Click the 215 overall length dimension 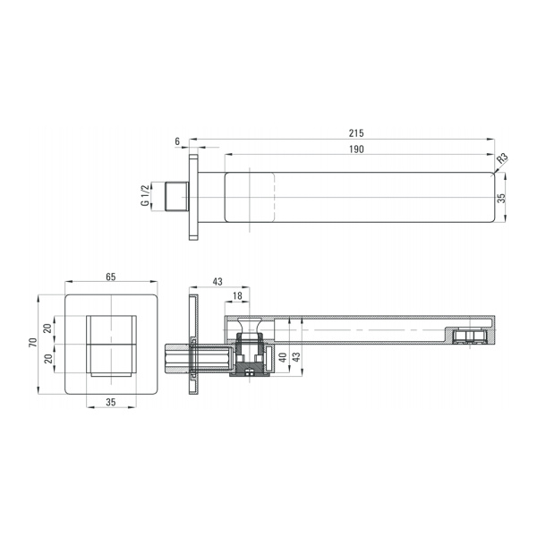coord(356,132)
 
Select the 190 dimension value coord(356,149)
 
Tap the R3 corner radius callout coord(502,158)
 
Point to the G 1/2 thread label coord(145,195)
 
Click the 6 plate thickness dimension coord(177,141)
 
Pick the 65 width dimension coord(111,277)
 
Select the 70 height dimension coord(32,342)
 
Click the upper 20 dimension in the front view coord(48,328)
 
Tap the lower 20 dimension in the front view coord(48,359)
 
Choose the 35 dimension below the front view coord(111,402)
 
